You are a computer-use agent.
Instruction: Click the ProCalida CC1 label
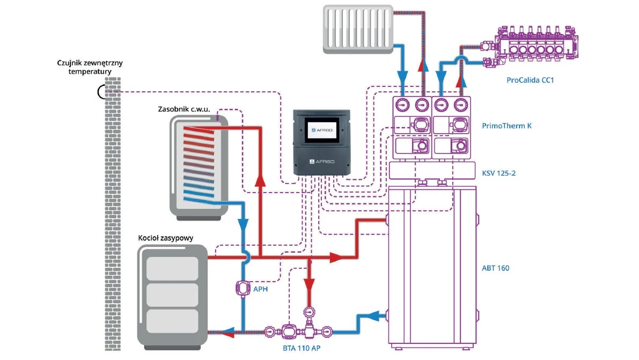point(530,80)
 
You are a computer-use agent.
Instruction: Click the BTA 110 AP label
point(301,348)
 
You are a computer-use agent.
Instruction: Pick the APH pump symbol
point(244,288)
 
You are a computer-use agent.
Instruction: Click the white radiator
point(359,28)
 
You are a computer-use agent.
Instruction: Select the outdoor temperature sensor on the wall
point(102,92)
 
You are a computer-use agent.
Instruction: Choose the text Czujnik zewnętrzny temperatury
point(90,67)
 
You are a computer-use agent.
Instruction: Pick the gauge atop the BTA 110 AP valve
point(309,311)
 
